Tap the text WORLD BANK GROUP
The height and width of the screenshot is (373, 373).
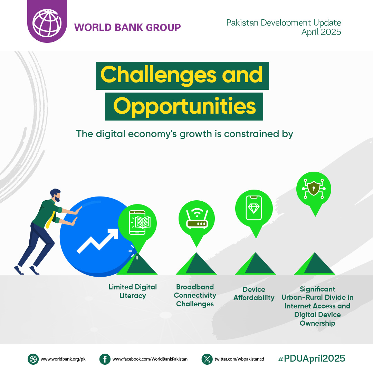[127, 27]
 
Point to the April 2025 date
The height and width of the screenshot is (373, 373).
[321, 32]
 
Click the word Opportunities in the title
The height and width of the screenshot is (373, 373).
[184, 106]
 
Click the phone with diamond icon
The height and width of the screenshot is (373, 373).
[254, 208]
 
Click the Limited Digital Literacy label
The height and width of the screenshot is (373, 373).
[133, 291]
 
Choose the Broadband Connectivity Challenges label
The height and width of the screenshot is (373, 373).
[195, 295]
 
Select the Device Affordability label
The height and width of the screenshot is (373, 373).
[254, 294]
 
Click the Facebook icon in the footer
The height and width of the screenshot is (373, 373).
[105, 359]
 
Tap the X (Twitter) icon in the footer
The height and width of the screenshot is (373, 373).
[207, 359]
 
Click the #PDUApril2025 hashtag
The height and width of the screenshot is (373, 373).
[311, 358]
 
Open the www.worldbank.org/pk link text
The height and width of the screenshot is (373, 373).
[63, 359]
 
